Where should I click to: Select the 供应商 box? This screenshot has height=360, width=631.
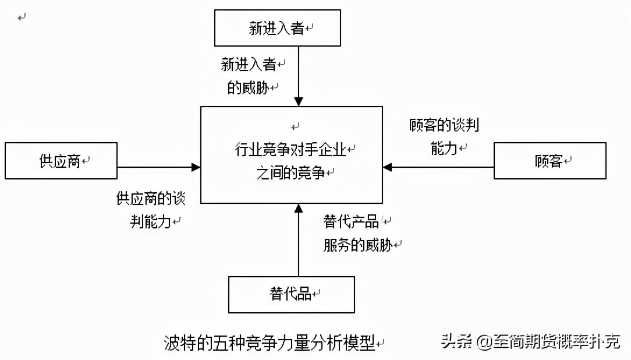tap(61, 160)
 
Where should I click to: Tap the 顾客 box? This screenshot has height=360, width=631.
tap(550, 160)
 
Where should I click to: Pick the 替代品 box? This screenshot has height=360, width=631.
tap(291, 294)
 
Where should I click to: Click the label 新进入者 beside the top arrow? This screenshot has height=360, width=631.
tap(249, 64)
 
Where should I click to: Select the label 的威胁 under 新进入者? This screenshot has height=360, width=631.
tap(249, 88)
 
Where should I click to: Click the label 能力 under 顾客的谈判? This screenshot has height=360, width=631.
tap(444, 149)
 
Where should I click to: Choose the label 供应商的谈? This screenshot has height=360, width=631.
tap(151, 198)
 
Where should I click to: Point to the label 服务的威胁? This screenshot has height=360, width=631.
tap(357, 245)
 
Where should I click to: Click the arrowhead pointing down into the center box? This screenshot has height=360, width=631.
tap(298, 102)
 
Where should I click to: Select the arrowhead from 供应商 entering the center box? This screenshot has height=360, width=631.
tap(196, 167)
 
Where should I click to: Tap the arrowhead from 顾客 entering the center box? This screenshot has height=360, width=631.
tap(388, 167)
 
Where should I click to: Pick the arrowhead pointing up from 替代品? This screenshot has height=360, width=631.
tap(298, 208)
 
